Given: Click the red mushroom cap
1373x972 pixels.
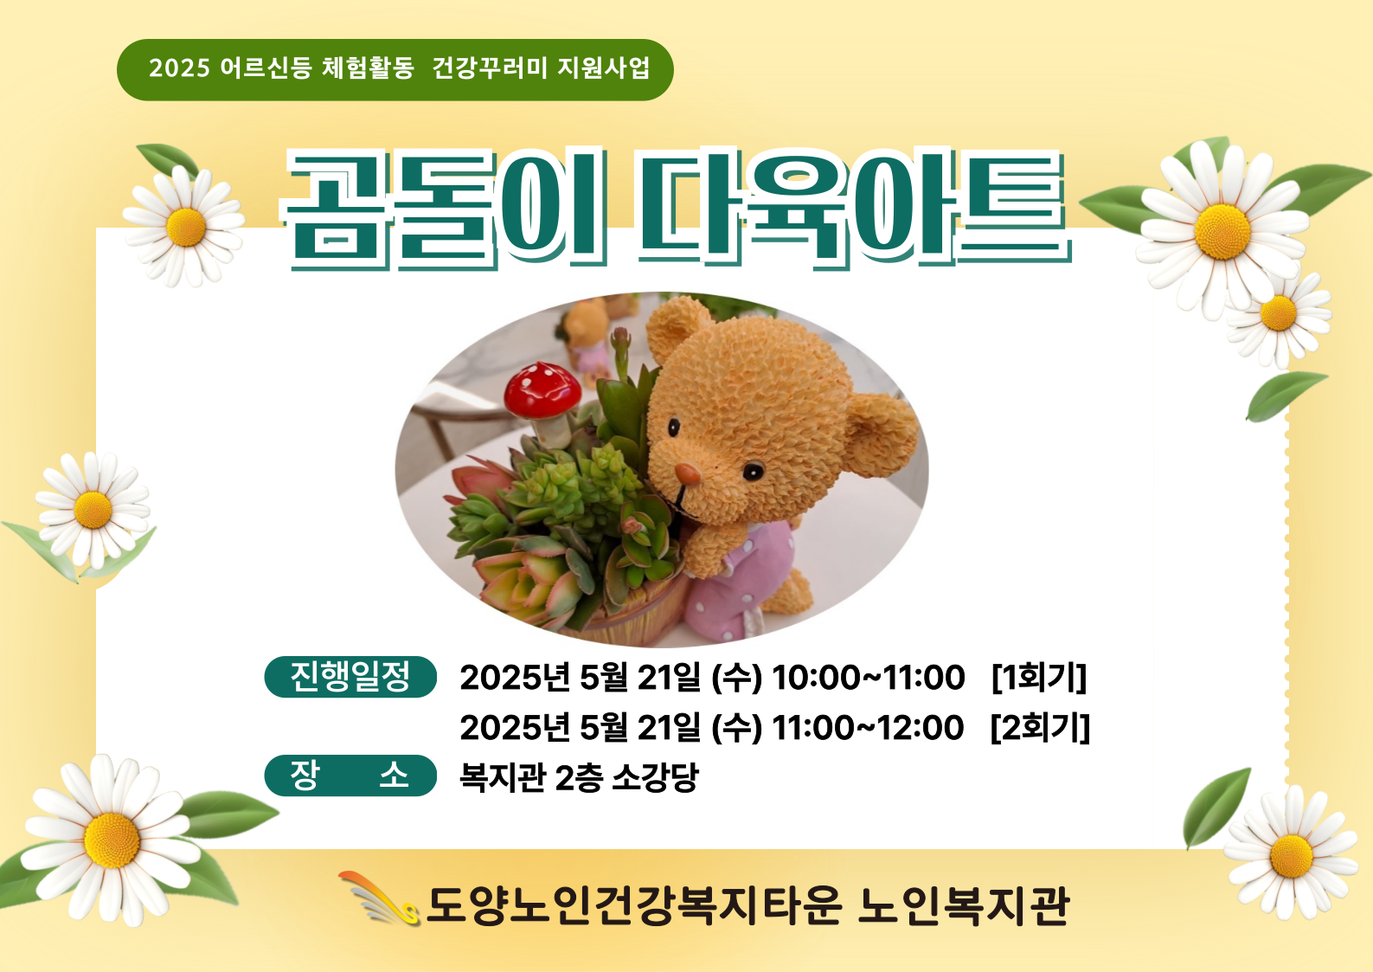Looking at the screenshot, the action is point(542,389).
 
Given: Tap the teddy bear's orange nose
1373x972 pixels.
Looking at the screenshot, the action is point(687,473).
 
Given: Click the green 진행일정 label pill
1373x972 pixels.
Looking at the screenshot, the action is point(350,677).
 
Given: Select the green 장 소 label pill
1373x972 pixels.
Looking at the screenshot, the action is point(350,776).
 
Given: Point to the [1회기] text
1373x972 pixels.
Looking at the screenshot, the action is point(1039,678).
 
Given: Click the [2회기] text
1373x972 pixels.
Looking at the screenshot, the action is point(1040,727).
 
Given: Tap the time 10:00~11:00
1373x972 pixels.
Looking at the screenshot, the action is point(868,678).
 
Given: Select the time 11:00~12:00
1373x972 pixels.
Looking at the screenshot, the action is point(868,728).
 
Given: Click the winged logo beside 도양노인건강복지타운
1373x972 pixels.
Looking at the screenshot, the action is point(379,898).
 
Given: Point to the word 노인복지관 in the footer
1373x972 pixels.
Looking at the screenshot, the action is point(964,905).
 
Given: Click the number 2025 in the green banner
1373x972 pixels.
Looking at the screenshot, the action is point(179,68).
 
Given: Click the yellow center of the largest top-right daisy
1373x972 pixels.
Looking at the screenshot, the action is point(1222,232).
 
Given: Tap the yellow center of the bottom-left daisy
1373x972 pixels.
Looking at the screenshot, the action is point(112,840).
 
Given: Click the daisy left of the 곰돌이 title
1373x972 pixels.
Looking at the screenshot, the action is point(184,227).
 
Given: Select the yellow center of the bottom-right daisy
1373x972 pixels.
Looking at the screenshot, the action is point(1292,856).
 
